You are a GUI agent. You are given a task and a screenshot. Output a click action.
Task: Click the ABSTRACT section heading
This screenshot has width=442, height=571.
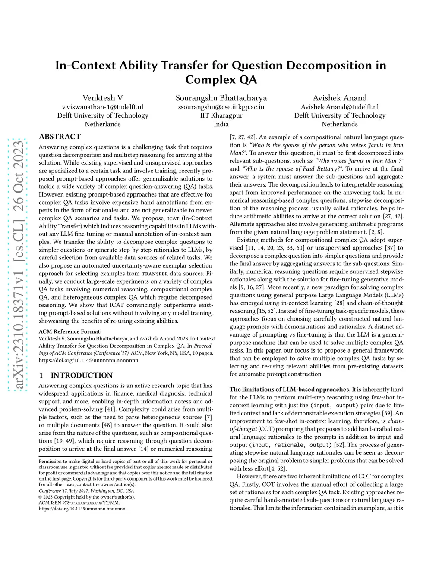coord(60,137)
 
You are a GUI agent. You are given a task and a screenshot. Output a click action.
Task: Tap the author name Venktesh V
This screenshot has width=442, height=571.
coord(103,98)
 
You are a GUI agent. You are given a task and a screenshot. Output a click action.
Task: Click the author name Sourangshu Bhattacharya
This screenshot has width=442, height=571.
coord(221,98)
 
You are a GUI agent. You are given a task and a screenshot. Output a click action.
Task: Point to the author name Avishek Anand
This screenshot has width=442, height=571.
coord(340,98)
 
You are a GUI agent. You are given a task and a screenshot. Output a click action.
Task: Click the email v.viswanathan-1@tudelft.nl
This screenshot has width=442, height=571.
coord(103,107)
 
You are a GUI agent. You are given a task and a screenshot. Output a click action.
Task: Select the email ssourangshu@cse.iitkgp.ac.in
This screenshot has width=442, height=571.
coord(221,107)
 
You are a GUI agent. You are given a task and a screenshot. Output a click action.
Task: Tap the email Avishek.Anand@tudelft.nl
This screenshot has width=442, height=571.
coord(340,107)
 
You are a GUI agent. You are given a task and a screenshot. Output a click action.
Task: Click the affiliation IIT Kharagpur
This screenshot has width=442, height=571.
coord(221,115)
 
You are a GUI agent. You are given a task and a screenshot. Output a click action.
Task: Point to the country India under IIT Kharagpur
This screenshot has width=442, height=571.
coord(221,124)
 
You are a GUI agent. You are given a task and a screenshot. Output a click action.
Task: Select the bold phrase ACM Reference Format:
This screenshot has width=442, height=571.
coord(70,331)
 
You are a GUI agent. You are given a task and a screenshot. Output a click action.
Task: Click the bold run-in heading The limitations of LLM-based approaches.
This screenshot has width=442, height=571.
coord(290,389)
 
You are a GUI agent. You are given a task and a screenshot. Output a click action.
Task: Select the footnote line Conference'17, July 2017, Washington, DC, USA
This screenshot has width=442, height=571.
coord(86,490)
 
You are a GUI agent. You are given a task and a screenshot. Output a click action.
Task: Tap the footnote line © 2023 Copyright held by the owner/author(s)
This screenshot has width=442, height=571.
coord(86,496)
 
